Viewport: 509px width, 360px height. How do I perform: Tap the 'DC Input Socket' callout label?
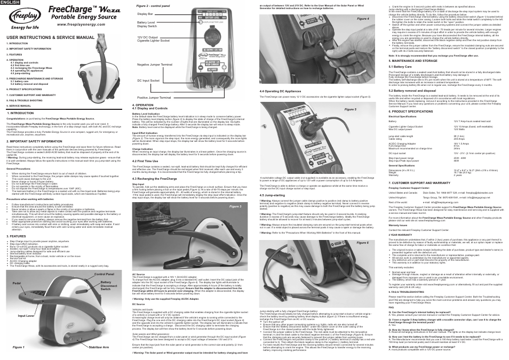[x=148, y=81]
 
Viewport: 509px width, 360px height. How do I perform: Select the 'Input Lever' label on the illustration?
[x=26, y=316]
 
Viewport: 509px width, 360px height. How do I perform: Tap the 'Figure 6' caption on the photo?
[x=363, y=227]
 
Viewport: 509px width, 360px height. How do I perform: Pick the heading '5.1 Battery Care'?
[x=400, y=66]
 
